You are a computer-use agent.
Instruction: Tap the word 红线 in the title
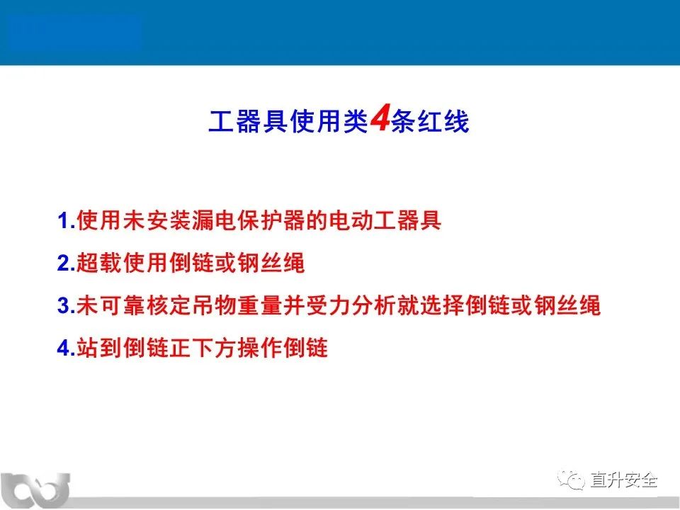[x=443, y=121]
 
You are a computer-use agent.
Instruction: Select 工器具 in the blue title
[x=248, y=121]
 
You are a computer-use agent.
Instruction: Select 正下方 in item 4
[x=203, y=348]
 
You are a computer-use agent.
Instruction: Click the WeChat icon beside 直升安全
[x=572, y=480]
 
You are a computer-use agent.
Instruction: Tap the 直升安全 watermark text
[x=623, y=480]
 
